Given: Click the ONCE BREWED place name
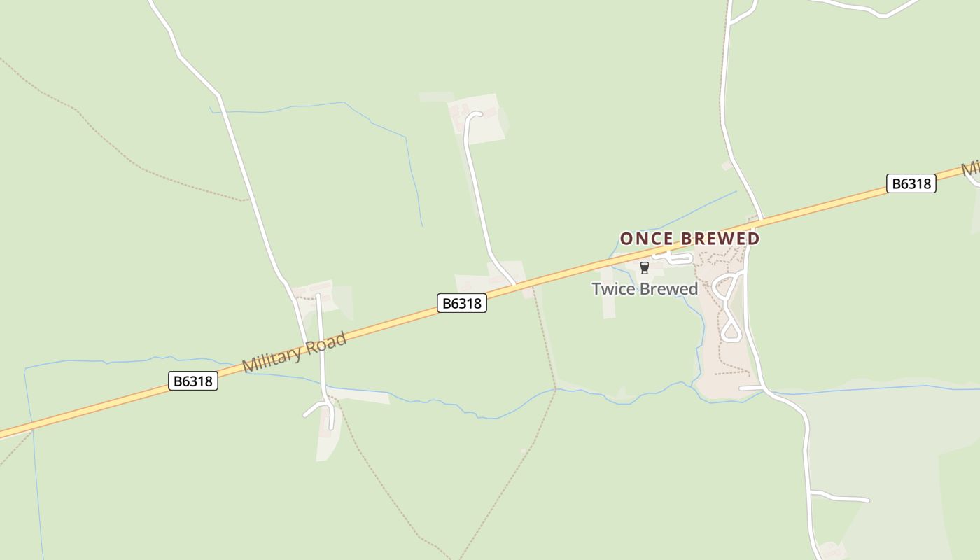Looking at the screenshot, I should (689, 239).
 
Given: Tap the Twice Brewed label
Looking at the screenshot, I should (645, 289).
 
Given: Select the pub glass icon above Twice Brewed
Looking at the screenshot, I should (645, 267).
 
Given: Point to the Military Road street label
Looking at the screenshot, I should (294, 353).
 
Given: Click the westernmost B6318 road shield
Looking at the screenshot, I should (193, 381).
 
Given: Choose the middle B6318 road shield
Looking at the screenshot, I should (462, 303).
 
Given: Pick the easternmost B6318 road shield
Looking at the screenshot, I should (911, 183).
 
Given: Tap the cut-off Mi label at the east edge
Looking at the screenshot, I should (969, 169).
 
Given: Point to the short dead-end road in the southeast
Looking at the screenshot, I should (840, 498).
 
